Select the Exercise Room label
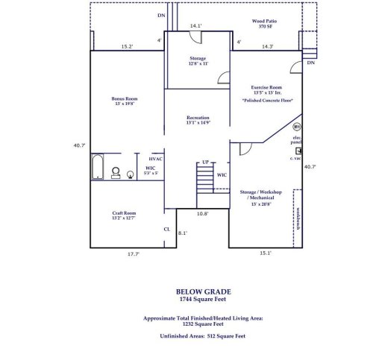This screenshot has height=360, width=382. (x=266, y=89)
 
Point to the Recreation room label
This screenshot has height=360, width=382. (x=198, y=120)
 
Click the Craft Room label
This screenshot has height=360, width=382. (x=124, y=215)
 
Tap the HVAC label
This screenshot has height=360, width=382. (x=155, y=159)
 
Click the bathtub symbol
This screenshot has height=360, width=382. (x=97, y=168)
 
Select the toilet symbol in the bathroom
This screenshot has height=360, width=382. (x=116, y=173)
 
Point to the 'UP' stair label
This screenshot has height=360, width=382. (x=204, y=162)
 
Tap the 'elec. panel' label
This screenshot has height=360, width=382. (x=296, y=140)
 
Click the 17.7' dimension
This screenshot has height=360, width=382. (x=133, y=254)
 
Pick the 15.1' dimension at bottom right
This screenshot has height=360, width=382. (x=265, y=253)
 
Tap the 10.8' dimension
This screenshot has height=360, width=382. (x=201, y=214)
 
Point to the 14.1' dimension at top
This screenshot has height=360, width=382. (x=195, y=26)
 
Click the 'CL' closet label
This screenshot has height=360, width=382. (x=166, y=229)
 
